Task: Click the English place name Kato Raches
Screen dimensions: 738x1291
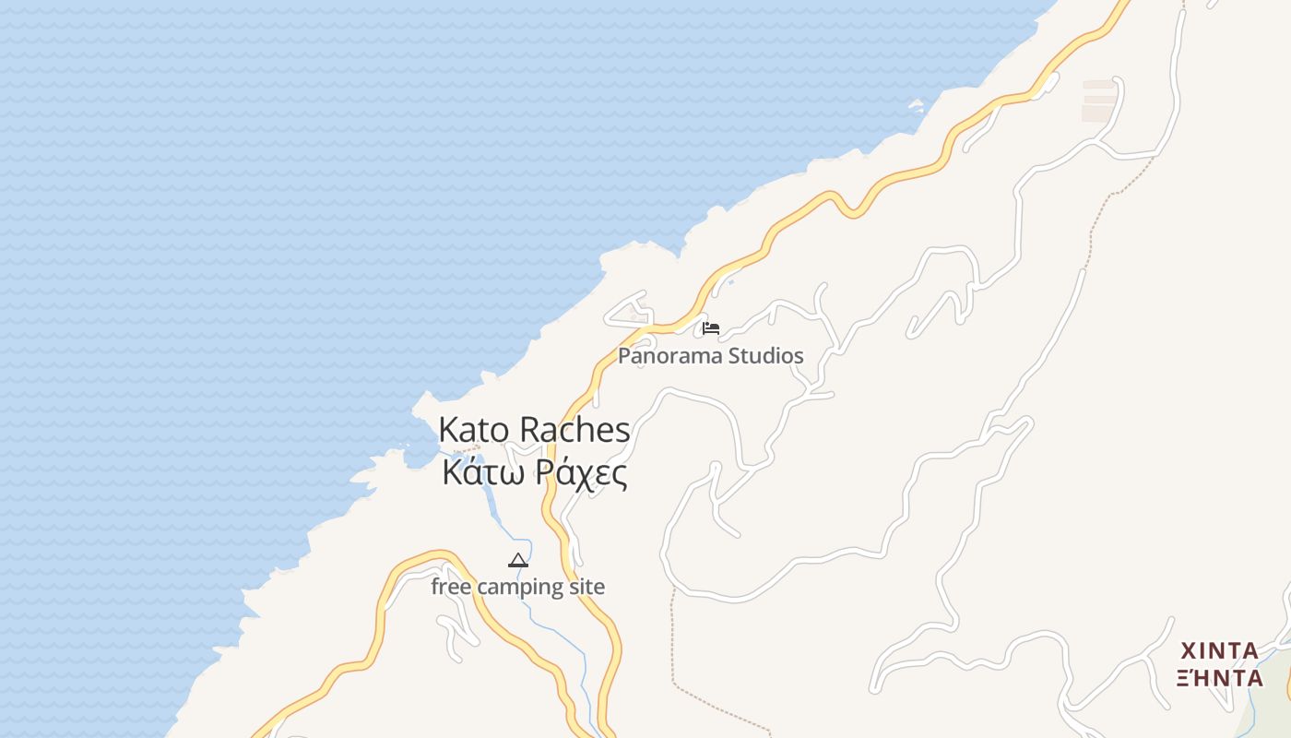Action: pyautogui.click(x=534, y=430)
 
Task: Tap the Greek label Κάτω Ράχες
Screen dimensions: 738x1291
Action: pyautogui.click(x=535, y=473)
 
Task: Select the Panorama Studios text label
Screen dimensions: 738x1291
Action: pyautogui.click(x=710, y=356)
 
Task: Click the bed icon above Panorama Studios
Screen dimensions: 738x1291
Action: pyautogui.click(x=710, y=327)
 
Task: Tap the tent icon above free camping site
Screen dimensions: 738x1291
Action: pyautogui.click(x=518, y=560)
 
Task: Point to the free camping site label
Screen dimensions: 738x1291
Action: pyautogui.click(x=518, y=587)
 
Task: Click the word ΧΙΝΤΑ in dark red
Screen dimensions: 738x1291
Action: pyautogui.click(x=1220, y=650)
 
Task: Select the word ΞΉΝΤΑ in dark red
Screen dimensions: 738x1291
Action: pyautogui.click(x=1220, y=678)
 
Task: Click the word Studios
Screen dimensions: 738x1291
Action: pyautogui.click(x=766, y=356)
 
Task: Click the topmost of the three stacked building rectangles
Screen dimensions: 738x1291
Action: pyautogui.click(x=1099, y=84)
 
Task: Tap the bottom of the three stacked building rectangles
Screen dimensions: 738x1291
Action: pyautogui.click(x=1097, y=114)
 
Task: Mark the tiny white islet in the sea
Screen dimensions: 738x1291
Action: pyautogui.click(x=916, y=106)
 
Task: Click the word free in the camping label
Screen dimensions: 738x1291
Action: pyautogui.click(x=451, y=587)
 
